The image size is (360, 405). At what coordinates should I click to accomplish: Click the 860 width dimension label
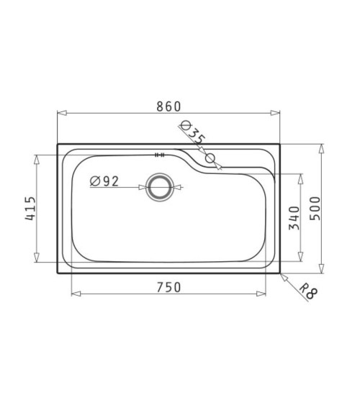tap(168, 106)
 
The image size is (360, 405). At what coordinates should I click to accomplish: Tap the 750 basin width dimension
tap(168, 288)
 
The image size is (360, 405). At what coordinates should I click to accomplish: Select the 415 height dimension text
tap(30, 208)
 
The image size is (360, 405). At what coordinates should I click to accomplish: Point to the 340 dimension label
tap(294, 218)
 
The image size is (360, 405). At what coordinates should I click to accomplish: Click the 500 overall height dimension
tap(315, 208)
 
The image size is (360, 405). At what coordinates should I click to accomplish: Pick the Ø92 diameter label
tap(104, 181)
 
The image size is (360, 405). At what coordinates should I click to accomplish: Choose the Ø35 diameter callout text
tap(193, 132)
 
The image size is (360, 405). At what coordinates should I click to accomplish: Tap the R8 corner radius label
tap(308, 291)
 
